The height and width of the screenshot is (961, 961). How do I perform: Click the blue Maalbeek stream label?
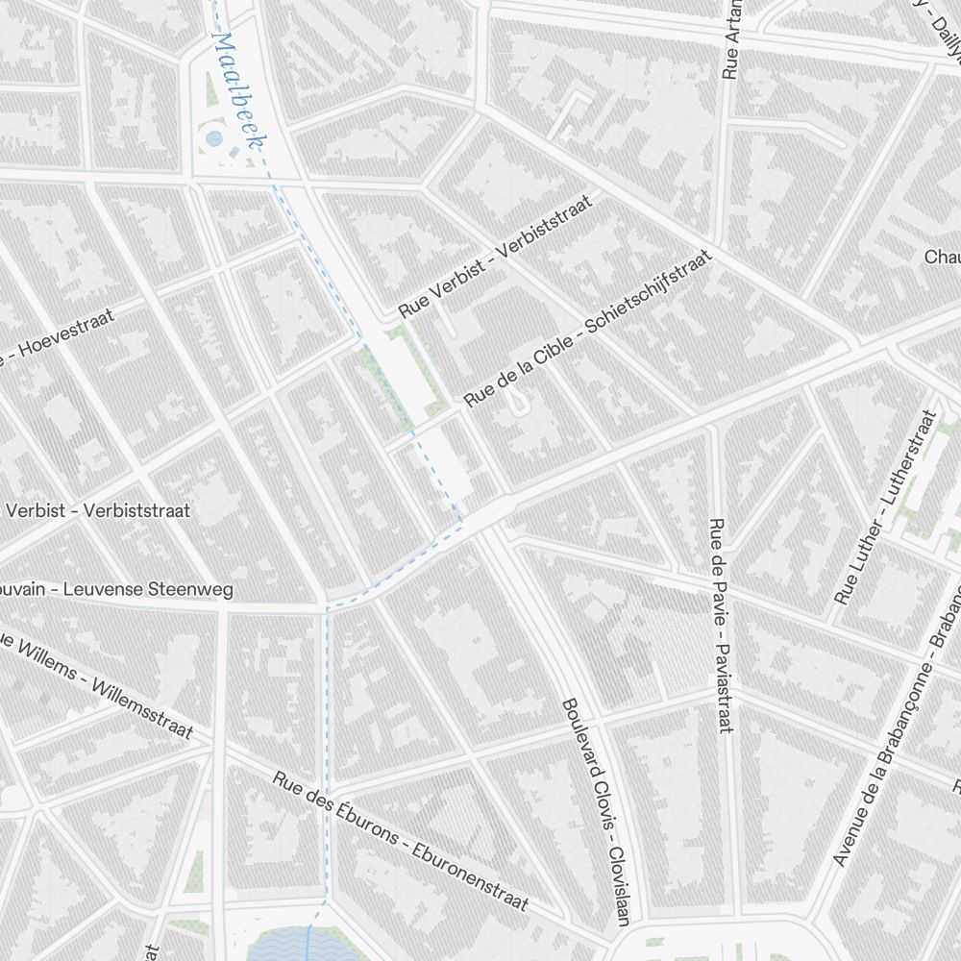click(x=238, y=93)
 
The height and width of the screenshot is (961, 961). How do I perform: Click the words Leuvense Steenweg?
click(x=148, y=589)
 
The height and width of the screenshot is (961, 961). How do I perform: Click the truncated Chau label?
click(x=942, y=257)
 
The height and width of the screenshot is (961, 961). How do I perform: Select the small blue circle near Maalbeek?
click(x=213, y=139)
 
